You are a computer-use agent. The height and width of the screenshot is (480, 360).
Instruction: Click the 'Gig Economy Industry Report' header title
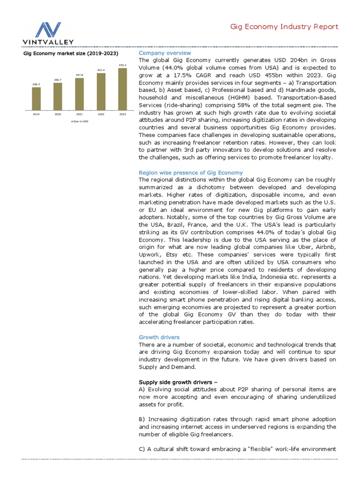[284, 27]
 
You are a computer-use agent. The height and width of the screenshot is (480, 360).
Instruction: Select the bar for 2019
[36, 98]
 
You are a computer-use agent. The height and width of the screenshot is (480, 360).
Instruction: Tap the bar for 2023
[122, 89]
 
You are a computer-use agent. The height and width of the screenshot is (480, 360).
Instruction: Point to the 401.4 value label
[101, 70]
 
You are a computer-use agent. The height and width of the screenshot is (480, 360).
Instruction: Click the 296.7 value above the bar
[58, 80]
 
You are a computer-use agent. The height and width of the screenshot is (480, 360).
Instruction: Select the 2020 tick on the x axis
[58, 114]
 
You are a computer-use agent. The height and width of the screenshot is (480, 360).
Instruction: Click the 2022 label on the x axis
[101, 114]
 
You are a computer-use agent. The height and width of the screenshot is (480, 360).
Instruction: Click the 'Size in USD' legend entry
[80, 121]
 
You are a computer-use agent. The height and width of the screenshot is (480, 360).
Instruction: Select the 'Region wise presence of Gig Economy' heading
[191, 172]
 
